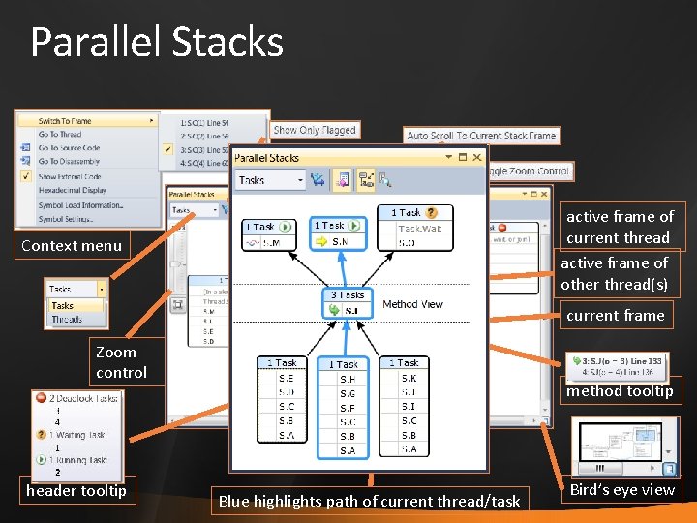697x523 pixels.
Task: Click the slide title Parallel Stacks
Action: (x=157, y=43)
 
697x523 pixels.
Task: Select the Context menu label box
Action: (x=73, y=246)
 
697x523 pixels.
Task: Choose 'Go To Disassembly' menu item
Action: (x=70, y=162)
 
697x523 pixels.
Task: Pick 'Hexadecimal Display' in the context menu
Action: (x=73, y=191)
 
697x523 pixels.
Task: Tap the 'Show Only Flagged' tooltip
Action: (x=315, y=130)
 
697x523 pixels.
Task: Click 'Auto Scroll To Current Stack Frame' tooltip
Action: (x=481, y=136)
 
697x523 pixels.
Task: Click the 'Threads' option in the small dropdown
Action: (x=67, y=319)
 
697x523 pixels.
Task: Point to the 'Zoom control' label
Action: (x=121, y=362)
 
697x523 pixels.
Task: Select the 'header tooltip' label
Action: (x=76, y=491)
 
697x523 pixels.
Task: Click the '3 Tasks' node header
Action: (x=348, y=294)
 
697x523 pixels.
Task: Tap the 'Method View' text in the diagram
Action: (x=412, y=304)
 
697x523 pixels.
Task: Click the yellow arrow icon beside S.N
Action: (x=321, y=242)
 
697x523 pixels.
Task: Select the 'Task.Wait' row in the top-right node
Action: (x=419, y=230)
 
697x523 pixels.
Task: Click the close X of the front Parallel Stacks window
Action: (x=476, y=157)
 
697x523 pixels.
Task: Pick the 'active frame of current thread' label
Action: (x=620, y=228)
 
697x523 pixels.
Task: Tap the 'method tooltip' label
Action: (x=620, y=391)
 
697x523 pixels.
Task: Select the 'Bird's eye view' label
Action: (x=622, y=490)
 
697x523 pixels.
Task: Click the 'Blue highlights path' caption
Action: (x=369, y=501)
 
